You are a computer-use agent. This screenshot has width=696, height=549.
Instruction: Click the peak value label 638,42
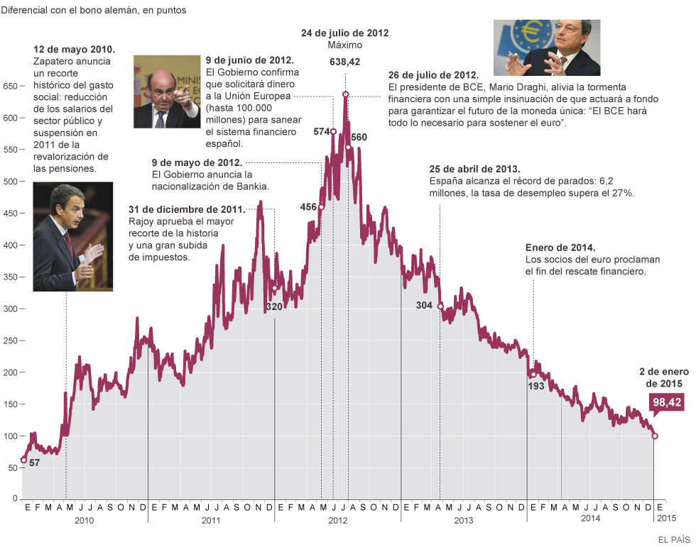click(344, 62)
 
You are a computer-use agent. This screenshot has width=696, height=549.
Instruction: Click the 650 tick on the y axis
click(11, 86)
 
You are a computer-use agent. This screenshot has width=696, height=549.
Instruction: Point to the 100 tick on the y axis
click(11, 436)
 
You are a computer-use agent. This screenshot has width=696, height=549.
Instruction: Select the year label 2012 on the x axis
click(337, 520)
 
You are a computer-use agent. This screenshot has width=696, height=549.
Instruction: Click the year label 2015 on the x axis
click(666, 520)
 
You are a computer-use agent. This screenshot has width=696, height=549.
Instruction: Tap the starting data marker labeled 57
click(23, 460)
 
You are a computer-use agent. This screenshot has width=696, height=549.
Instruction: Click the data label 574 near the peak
click(322, 132)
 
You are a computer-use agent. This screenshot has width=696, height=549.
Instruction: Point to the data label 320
click(273, 306)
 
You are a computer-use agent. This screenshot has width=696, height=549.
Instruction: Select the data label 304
click(424, 306)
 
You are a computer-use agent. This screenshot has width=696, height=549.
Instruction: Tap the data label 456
click(308, 207)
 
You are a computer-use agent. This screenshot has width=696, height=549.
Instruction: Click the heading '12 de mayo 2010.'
click(74, 50)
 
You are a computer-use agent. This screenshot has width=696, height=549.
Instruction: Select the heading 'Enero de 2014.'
click(560, 248)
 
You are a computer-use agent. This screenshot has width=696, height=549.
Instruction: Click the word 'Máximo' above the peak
click(344, 45)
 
